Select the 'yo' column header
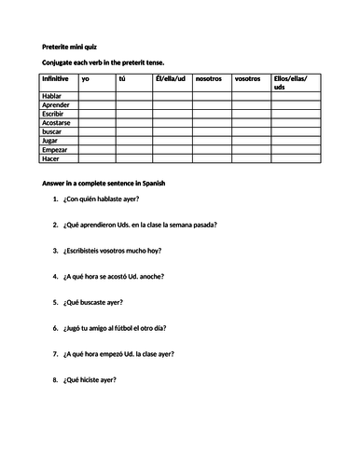pos(87,79)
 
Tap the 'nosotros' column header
pos(208,79)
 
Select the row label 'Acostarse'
pos(58,128)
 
